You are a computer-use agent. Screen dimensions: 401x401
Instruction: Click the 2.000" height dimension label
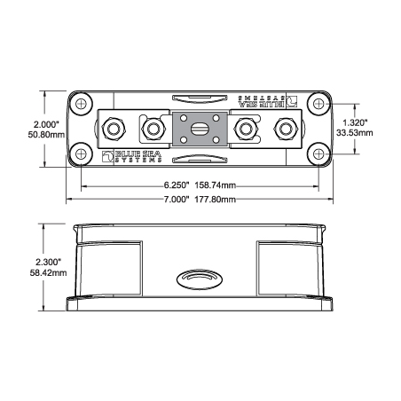46,124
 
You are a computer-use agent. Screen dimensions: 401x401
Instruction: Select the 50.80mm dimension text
46,135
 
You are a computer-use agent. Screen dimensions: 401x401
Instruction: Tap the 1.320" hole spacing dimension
355,122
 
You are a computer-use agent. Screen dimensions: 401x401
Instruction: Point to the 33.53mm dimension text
355,133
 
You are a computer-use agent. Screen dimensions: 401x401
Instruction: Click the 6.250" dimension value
177,185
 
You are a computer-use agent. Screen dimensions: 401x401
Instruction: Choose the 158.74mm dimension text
216,185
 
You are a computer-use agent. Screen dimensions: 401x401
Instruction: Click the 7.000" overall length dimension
177,200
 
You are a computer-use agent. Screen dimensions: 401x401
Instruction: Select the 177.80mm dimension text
216,200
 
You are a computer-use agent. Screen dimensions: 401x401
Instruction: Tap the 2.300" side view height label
48,262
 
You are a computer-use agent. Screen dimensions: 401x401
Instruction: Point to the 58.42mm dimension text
48,272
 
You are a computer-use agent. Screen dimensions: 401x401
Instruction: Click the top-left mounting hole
81,104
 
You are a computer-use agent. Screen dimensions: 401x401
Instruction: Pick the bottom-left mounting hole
81,154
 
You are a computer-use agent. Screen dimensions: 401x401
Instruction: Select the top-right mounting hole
318,104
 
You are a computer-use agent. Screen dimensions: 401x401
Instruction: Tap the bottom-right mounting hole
318,154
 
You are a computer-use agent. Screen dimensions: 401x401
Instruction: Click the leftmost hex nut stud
114,129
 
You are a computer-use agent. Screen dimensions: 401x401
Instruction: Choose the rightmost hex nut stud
285,129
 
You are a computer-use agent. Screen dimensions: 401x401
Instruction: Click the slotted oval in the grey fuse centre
200,130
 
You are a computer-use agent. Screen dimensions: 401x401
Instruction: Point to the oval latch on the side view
200,279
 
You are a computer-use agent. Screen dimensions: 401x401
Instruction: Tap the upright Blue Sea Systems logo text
132,156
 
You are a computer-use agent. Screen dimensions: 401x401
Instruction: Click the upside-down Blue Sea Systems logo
268,101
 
